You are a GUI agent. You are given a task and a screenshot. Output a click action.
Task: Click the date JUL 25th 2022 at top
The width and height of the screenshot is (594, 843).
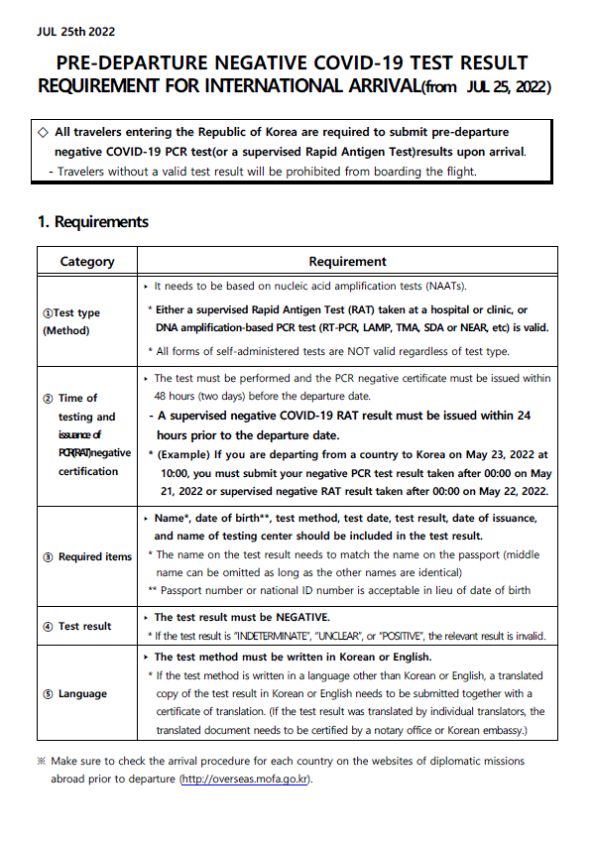click(74, 29)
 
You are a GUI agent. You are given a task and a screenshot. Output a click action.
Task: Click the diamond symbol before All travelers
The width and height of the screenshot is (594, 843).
click(42, 131)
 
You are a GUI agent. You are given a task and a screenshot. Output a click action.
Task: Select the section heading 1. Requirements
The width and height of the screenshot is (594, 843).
click(92, 221)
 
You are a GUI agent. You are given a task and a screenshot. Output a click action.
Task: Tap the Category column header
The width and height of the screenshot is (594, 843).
click(87, 262)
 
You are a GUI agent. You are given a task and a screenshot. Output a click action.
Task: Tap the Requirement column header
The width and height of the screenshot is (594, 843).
click(347, 262)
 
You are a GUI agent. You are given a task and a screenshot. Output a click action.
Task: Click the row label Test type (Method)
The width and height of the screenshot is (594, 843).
click(71, 321)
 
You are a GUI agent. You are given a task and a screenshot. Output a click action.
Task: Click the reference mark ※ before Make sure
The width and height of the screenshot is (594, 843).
click(41, 762)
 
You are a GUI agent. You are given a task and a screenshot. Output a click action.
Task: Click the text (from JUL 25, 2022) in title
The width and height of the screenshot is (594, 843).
click(487, 87)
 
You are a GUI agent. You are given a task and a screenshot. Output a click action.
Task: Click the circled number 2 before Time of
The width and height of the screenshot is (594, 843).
click(48, 399)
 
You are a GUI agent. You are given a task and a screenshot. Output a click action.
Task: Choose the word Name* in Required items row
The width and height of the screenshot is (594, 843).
click(176, 519)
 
